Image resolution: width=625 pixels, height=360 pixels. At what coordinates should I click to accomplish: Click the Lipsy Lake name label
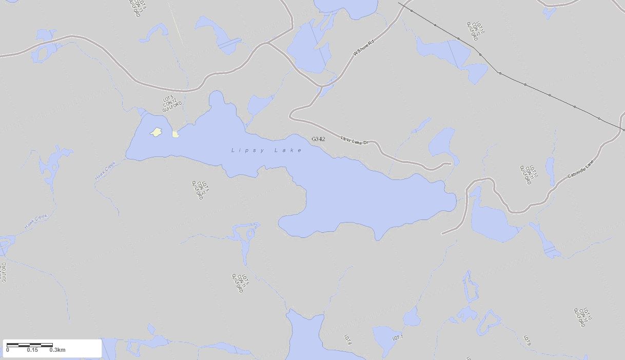click(x=266, y=150)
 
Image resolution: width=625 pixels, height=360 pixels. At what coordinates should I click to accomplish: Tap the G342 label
click(x=318, y=139)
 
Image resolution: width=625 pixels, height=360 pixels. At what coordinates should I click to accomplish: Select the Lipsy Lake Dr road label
click(x=355, y=140)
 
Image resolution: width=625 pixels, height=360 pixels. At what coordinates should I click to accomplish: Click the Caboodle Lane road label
click(x=580, y=169)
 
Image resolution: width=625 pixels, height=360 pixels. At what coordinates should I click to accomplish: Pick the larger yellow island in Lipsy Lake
click(x=157, y=132)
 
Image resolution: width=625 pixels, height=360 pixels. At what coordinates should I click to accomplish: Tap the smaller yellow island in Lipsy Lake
click(x=175, y=134)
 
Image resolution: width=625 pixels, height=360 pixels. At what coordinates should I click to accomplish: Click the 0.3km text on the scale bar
click(x=57, y=350)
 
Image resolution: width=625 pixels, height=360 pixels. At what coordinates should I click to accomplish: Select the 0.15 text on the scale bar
click(x=32, y=350)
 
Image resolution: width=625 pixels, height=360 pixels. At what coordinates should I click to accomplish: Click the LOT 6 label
click(x=347, y=339)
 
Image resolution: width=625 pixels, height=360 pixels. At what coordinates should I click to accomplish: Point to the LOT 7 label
click(x=398, y=338)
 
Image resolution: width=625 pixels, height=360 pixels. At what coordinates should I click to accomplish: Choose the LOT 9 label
click(x=526, y=341)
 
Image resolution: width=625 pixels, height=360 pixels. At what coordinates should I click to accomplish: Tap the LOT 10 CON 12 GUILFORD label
click(x=475, y=31)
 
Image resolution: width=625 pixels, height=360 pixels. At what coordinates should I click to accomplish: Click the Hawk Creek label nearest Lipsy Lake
click(x=105, y=171)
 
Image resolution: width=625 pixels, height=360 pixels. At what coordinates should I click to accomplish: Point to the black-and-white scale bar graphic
click(x=30, y=345)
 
